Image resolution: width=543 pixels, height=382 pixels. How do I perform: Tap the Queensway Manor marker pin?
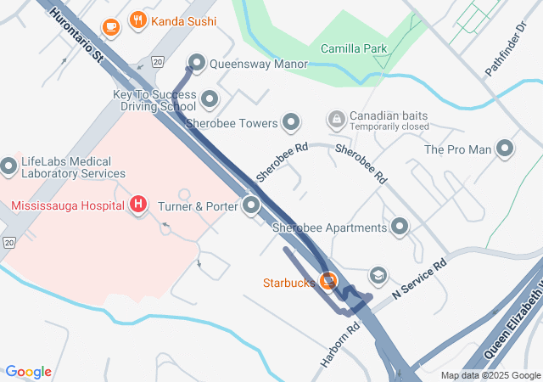(x=197, y=62)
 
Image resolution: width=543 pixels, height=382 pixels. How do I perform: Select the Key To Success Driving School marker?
(x=210, y=102)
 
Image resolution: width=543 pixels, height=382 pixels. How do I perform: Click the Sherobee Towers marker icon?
(x=291, y=123)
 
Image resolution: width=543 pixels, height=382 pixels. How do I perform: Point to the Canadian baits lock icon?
(x=336, y=117)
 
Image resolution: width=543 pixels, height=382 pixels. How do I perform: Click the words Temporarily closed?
(x=389, y=126)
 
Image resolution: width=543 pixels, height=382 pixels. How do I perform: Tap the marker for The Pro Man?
(x=506, y=149)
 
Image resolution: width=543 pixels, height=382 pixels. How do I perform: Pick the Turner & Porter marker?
(x=251, y=205)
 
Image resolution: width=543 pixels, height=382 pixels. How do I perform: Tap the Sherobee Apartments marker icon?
(x=399, y=227)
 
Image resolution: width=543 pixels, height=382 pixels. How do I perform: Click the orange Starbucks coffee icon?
(x=327, y=280)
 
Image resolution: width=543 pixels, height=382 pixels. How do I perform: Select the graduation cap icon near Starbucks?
(x=378, y=276)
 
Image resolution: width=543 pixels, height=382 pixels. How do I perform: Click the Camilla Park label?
(x=354, y=48)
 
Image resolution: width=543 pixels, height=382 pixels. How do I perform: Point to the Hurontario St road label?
(x=76, y=35)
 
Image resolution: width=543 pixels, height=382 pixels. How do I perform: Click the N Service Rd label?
(x=419, y=281)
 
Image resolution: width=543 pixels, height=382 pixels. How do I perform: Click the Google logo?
(x=29, y=372)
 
